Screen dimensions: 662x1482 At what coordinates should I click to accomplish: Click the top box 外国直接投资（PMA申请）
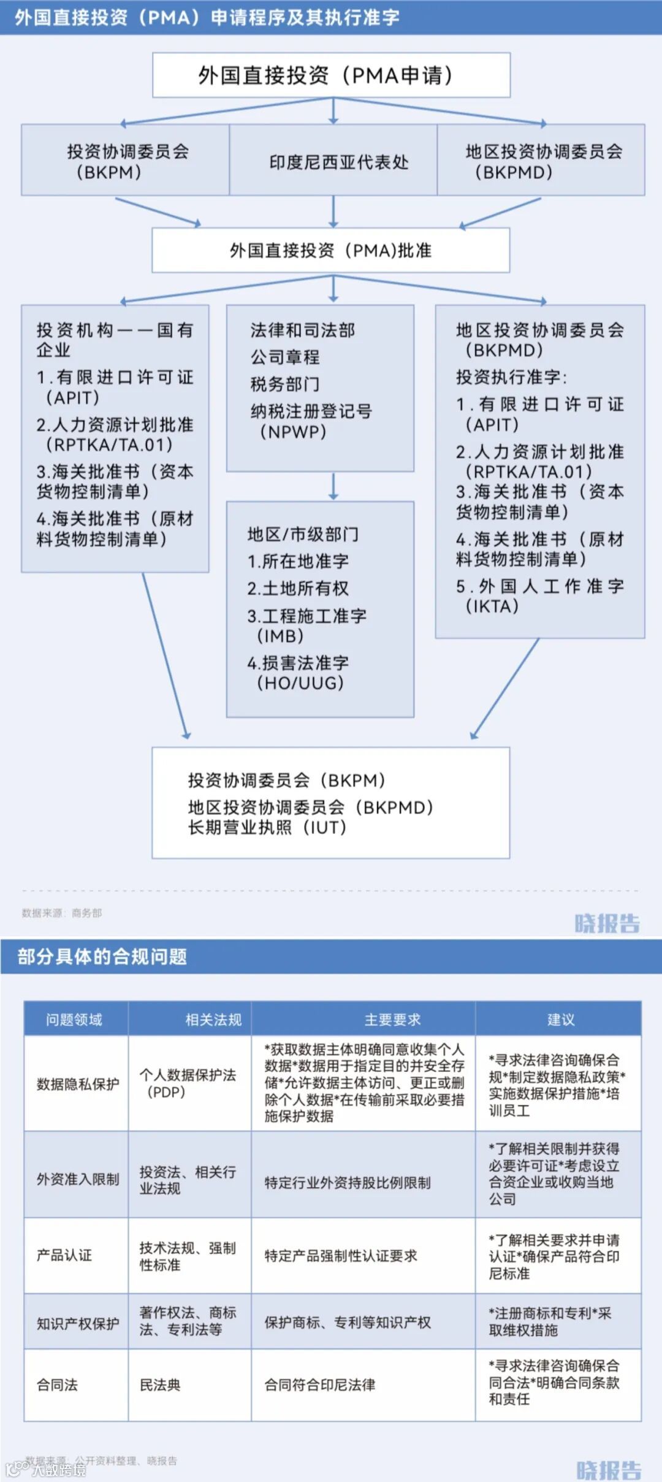(331, 75)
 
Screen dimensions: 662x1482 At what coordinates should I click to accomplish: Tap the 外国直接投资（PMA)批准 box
(331, 250)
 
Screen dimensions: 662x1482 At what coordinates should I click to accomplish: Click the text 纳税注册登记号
(311, 411)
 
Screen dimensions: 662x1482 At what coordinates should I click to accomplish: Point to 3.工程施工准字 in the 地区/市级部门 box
(306, 616)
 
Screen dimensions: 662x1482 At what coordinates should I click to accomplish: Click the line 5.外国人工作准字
(539, 586)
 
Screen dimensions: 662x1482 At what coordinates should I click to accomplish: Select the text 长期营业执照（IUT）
(267, 828)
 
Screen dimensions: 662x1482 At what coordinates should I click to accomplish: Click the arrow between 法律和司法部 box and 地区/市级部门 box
(333, 486)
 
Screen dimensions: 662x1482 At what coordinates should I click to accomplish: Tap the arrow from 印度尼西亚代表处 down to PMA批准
(333, 212)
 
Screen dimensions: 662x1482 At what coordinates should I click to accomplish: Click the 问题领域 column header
(74, 1020)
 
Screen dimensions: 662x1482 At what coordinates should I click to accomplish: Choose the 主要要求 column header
(392, 1020)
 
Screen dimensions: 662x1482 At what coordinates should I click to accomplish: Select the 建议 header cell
(560, 1020)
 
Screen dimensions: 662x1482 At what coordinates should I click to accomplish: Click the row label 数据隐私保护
(77, 1084)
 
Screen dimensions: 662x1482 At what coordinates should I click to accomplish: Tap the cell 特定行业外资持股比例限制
(348, 1182)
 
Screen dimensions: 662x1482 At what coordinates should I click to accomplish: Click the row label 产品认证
(64, 1255)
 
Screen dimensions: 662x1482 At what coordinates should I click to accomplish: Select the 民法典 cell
(160, 1385)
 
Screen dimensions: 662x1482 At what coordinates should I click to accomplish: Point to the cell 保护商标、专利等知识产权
(348, 1323)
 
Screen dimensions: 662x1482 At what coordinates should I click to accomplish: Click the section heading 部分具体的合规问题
(102, 957)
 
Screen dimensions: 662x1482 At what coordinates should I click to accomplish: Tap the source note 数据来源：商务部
(62, 913)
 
